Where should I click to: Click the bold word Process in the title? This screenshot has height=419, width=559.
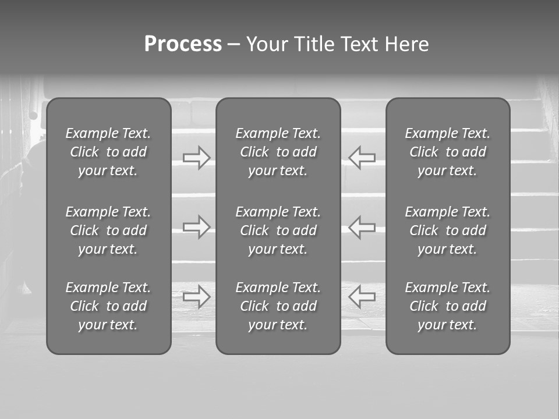[183, 44]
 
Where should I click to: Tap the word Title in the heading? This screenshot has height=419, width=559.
[316, 44]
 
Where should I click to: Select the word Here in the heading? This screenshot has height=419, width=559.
[407, 44]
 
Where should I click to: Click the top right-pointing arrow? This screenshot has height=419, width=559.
[197, 158]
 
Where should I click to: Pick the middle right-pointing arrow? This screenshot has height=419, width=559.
[197, 227]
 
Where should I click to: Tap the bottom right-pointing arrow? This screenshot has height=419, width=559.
[197, 297]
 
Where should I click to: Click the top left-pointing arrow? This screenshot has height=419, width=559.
[362, 158]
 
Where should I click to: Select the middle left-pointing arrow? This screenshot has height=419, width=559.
[362, 227]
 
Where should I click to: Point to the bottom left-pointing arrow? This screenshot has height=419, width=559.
[362, 297]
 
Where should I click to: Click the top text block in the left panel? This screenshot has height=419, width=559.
[108, 152]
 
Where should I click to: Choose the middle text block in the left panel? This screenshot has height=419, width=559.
[108, 230]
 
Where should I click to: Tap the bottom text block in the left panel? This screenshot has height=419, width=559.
[108, 306]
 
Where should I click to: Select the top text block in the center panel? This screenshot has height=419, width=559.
[278, 152]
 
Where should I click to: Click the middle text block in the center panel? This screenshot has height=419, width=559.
[278, 230]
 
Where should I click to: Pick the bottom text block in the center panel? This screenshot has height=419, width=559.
[278, 306]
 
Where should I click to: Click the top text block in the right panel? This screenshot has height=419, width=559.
[447, 152]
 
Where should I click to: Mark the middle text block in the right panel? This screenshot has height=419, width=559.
[447, 230]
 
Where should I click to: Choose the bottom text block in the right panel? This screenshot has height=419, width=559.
[447, 306]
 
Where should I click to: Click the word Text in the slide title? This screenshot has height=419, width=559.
[360, 44]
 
